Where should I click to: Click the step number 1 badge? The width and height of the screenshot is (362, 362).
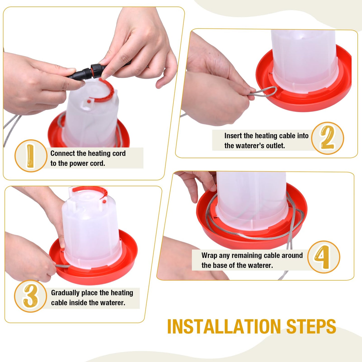click(x=31, y=156)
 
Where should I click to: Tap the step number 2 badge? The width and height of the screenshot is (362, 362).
click(x=327, y=138)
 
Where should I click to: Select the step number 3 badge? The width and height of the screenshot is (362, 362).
click(x=30, y=296)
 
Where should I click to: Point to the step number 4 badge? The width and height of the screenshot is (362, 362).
click(x=323, y=257)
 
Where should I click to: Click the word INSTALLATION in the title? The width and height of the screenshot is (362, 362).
click(x=224, y=326)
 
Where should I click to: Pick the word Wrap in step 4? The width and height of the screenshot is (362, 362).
click(x=209, y=255)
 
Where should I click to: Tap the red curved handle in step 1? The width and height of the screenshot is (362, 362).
click(x=109, y=90)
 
